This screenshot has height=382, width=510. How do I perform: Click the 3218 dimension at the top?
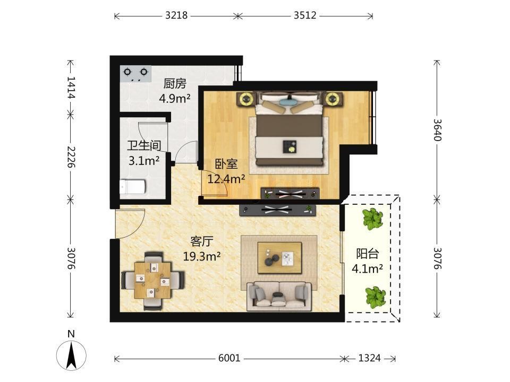(176, 15)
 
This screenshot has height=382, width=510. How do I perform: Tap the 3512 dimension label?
(305, 15)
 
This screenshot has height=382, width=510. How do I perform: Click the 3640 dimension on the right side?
(437, 129)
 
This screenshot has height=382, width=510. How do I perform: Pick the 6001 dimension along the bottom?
(229, 358)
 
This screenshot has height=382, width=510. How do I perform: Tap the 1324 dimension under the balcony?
(369, 358)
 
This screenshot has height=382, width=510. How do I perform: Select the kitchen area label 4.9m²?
(175, 98)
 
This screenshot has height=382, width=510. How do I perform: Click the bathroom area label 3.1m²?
(144, 160)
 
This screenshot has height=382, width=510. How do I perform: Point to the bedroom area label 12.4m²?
(226, 178)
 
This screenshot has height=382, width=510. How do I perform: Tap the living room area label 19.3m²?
(202, 256)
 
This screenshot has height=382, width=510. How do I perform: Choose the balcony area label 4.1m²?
(367, 268)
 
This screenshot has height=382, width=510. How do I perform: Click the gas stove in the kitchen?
(135, 74)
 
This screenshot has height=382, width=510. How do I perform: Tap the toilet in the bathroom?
(132, 187)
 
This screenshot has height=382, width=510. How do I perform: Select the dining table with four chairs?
(152, 280)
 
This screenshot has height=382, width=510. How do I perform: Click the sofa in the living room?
(279, 296)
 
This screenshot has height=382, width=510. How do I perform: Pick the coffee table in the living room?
(279, 258)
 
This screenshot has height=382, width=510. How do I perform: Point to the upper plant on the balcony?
(372, 218)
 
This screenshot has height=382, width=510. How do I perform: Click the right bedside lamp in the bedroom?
(333, 99)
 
